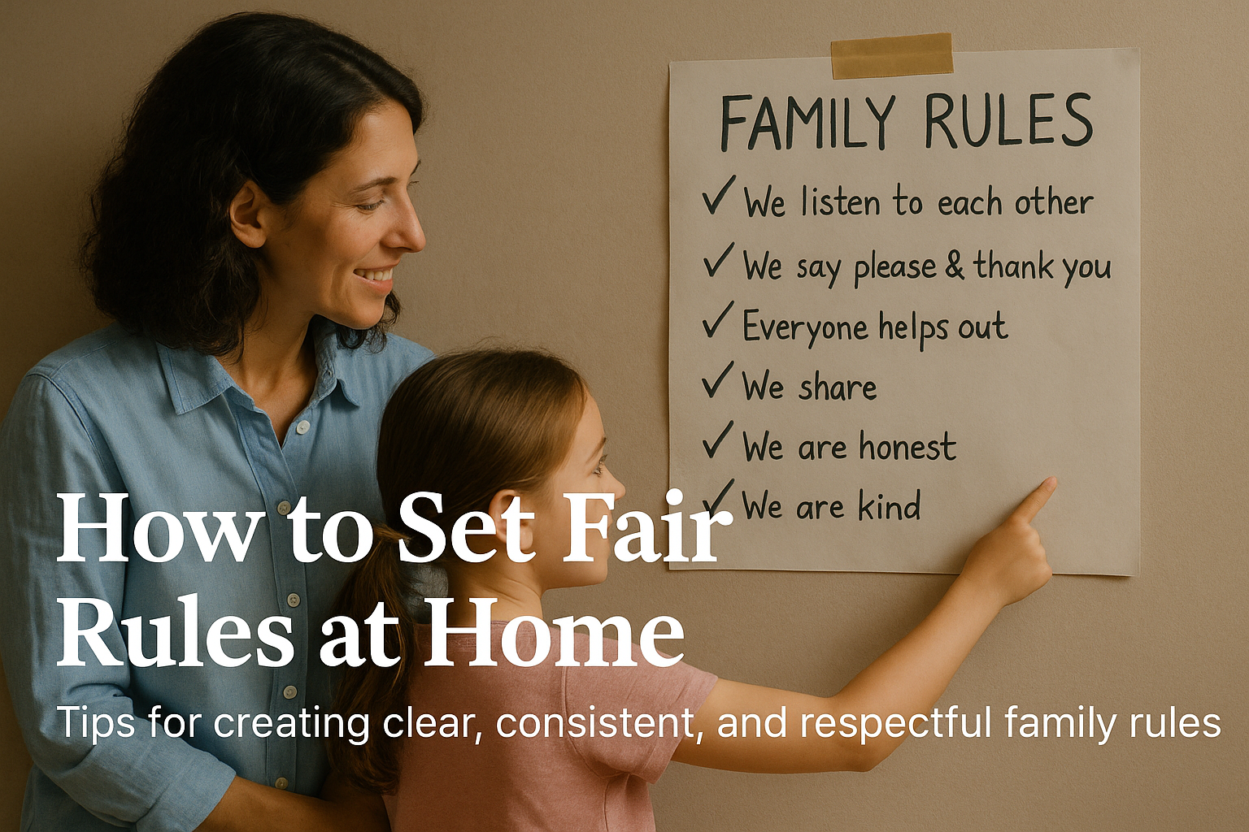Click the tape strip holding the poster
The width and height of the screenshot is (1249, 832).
(x=891, y=55)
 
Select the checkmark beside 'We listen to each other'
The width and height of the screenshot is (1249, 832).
(x=719, y=195)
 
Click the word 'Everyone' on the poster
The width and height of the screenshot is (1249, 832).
(x=805, y=327)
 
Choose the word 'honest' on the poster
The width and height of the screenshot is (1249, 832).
(x=907, y=445)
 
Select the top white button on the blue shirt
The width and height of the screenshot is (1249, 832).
(x=302, y=427)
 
